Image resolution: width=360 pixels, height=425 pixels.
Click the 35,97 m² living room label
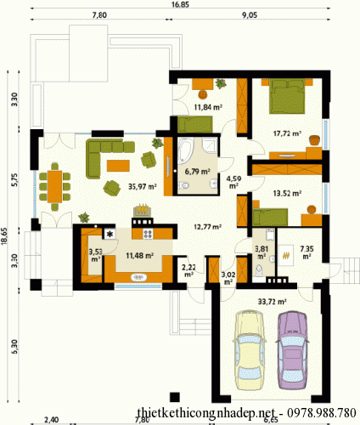tap(143, 186)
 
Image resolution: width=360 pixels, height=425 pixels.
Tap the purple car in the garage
tap(292, 350)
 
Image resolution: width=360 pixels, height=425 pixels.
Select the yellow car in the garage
tap(250, 350)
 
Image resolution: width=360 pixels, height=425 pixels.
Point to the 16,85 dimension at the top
tap(180, 4)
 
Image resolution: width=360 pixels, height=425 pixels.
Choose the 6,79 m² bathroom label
tap(197, 172)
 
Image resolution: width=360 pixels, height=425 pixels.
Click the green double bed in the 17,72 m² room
tap(287, 96)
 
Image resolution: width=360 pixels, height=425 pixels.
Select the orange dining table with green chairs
tap(54, 186)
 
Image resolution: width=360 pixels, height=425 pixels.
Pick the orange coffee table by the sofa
tap(118, 166)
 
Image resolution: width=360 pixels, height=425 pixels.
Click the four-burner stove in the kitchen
tap(148, 234)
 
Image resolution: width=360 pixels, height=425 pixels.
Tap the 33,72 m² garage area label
tap(272, 302)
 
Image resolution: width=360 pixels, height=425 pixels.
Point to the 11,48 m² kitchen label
tap(140, 256)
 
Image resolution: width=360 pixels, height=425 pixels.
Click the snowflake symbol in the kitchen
tap(110, 234)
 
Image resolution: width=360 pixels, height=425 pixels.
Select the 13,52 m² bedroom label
tap(287, 194)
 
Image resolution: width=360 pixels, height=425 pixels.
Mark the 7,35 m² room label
tap(307, 252)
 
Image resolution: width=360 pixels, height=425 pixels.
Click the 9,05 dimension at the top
tap(250, 15)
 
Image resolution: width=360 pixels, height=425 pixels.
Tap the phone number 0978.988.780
tap(321, 413)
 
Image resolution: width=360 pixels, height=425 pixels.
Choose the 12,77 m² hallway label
tap(207, 227)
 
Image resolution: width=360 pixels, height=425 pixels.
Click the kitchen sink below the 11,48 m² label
tap(138, 277)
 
